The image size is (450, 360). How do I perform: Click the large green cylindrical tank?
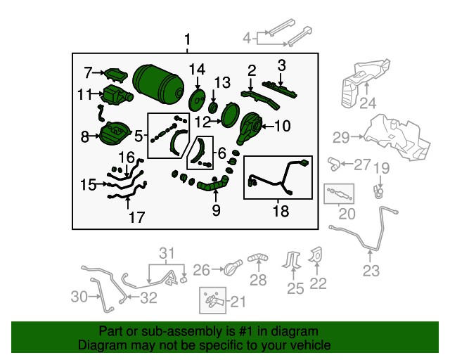pos(158,84)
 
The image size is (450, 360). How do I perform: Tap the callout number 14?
pos(197,70)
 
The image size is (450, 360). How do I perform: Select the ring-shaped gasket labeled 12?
pos(230,115)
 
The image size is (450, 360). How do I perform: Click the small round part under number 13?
pos(213,108)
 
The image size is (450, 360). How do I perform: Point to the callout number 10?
pos(283,126)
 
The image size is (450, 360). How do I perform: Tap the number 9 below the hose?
pos(216,210)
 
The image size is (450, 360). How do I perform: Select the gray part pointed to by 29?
pos(397,137)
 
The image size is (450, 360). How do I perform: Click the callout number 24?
pos(368,103)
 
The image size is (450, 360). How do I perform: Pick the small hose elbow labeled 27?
pos(334,165)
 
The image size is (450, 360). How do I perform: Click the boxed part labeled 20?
pos(339,194)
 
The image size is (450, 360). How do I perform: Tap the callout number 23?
pos(371,271)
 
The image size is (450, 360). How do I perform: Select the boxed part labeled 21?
pos(212,300)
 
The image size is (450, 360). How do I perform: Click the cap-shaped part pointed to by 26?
pos(233,268)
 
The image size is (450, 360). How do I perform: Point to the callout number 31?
pos(167,253)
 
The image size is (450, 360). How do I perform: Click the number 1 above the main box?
pos(188,39)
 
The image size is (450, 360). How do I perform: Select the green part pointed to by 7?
pos(116,75)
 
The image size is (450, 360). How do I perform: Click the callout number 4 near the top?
pos(247,38)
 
